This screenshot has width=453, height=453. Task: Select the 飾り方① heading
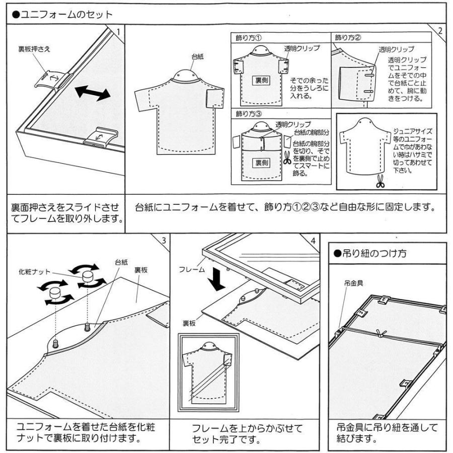pos(246,38)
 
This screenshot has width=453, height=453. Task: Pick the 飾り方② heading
pos(346,38)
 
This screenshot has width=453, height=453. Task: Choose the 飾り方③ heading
pos(246,114)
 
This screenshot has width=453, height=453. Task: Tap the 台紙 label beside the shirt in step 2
pos(197,57)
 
